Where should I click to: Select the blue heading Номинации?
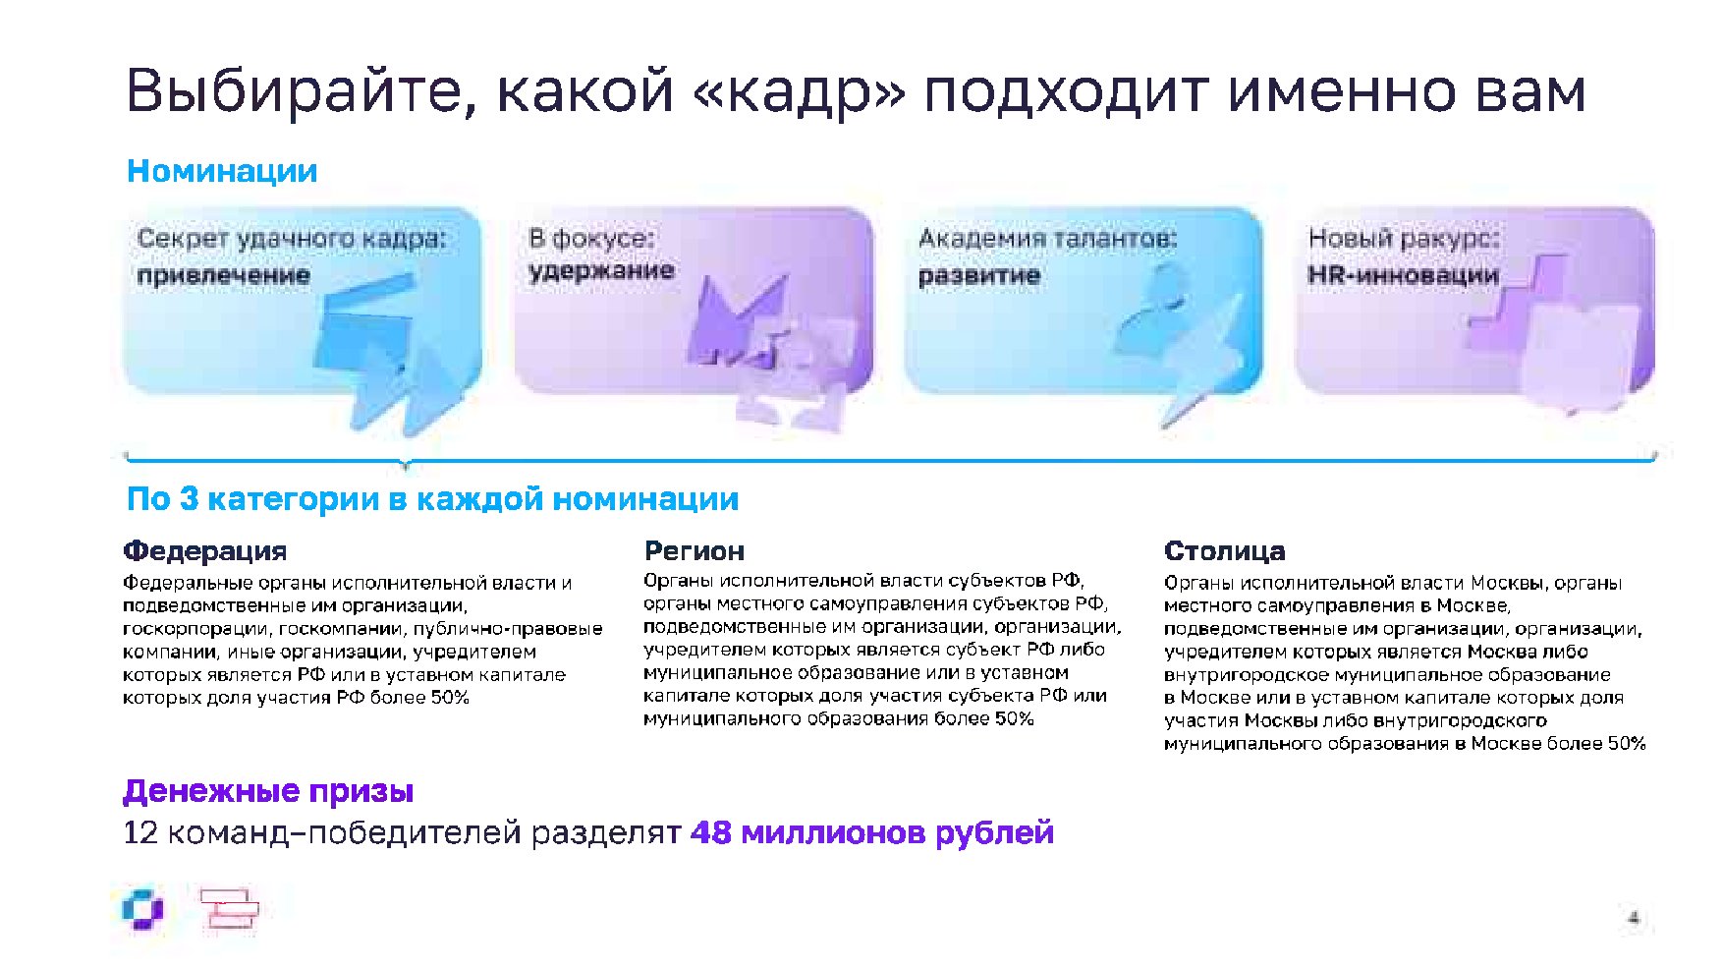coord(222,171)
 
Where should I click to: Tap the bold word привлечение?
coord(224,275)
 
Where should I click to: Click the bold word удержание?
coord(601,270)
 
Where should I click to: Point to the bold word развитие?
coord(979,275)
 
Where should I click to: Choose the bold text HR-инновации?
coord(1403,275)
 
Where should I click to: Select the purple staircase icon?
coord(1518,300)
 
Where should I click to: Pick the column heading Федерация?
coord(205,550)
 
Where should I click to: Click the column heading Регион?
coord(695,550)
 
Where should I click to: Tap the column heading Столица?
coord(1224,550)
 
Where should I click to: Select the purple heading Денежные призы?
coord(268,791)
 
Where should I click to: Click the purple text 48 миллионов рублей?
coord(872,833)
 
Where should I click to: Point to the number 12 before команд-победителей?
coord(140,833)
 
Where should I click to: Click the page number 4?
coord(1634,918)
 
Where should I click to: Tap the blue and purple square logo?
coord(143,910)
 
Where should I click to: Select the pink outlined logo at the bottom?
coord(229,909)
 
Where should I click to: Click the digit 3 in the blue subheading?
coord(189,499)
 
